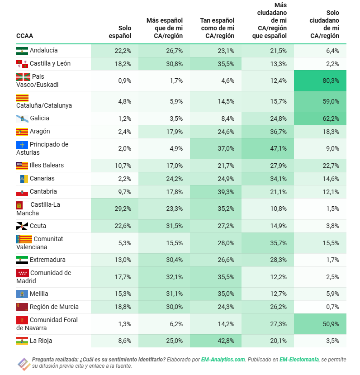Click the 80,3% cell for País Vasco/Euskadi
point(330,81)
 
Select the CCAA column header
point(24,36)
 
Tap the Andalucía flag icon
point(22,51)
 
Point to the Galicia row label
point(39,118)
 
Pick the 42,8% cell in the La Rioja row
point(225,341)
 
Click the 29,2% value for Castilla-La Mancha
point(123,209)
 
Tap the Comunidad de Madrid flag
point(22,273)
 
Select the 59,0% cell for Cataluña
point(330,101)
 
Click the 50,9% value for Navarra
point(330,324)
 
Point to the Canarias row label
point(42,178)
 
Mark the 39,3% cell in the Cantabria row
point(225,191)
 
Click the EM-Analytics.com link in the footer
point(223,360)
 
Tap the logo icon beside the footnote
point(23,363)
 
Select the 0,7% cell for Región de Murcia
point(332,307)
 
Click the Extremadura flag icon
point(22,260)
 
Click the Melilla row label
point(39,294)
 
